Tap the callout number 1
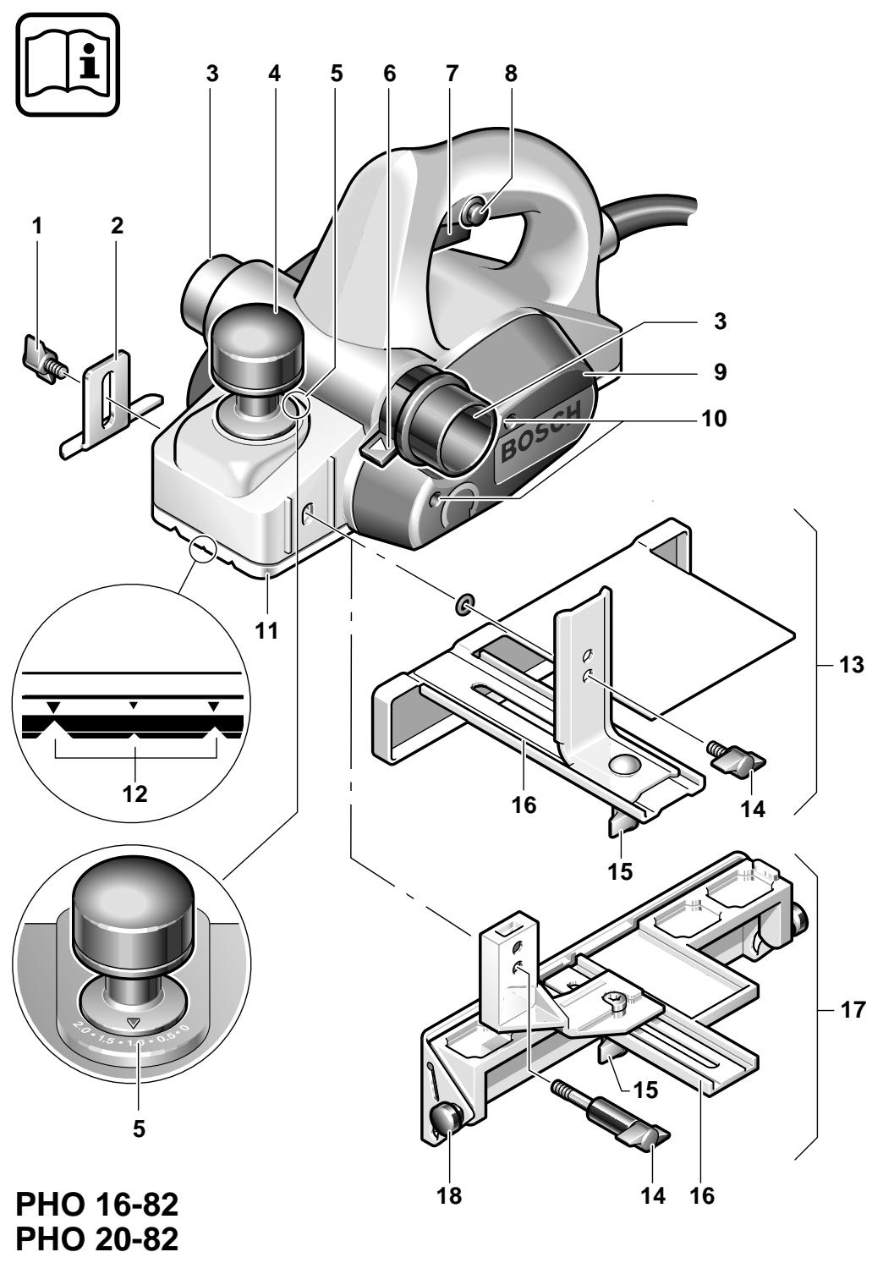pyautogui.click(x=36, y=226)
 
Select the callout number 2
pyautogui.click(x=117, y=226)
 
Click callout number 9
pyautogui.click(x=719, y=371)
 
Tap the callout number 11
pyautogui.click(x=267, y=630)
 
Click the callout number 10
pyautogui.click(x=719, y=418)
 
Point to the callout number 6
pyautogui.click(x=389, y=74)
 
